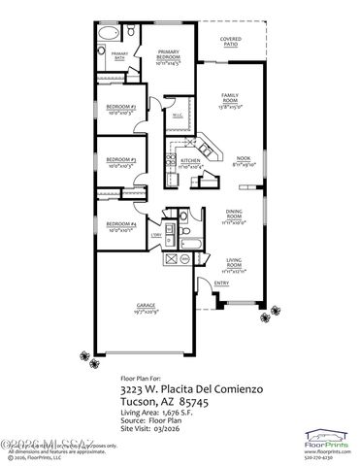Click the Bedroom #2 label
(120, 109)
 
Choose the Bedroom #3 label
(120, 161)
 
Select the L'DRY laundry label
(156, 235)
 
